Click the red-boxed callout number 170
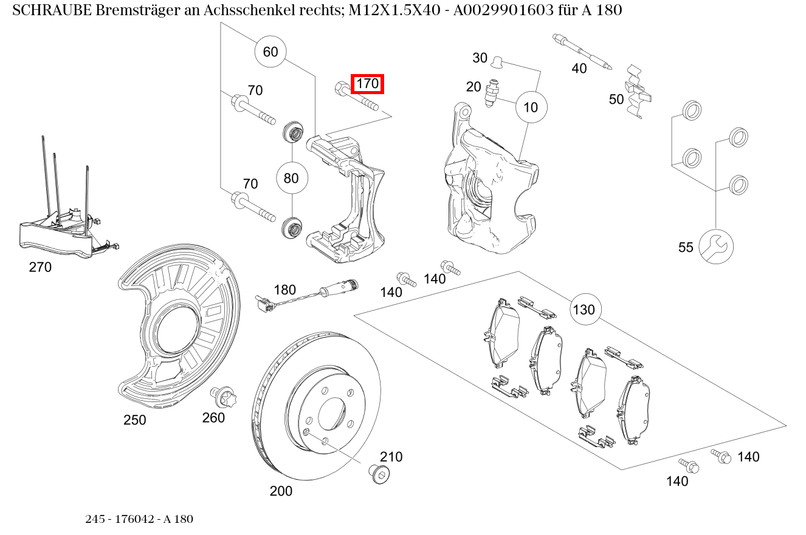pos(367,83)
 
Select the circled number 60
pos(270,52)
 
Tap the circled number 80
pos(291,179)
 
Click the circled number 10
pos(531,107)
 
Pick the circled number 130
pos(584,310)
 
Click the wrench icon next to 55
pos(715,247)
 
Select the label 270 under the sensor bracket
pos(40,267)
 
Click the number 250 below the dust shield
pos(134,420)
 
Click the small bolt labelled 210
pos(379,474)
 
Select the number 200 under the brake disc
pos(280,491)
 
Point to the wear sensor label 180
pos(284,290)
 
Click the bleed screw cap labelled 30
pos(496,60)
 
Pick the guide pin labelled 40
pos(582,50)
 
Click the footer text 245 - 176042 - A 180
pos(139,519)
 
